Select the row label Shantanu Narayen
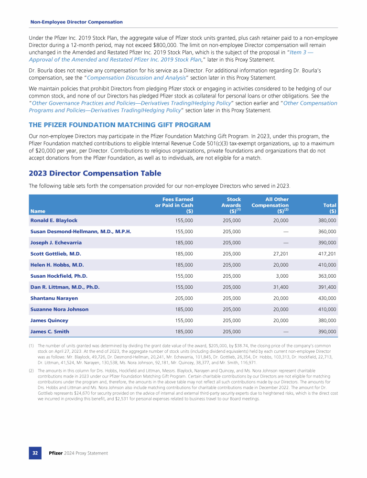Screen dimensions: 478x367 [x=51, y=298]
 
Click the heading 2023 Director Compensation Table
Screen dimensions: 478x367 [x=95, y=174]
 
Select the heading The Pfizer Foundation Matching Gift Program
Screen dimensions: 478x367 [x=119, y=125]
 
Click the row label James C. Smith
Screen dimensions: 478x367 [x=50, y=332]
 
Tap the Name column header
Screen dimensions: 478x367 [x=38, y=210]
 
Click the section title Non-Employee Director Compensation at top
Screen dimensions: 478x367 [x=76, y=22]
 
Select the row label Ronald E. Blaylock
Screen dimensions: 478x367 [x=54, y=220]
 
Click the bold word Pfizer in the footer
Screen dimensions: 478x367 [x=56, y=453]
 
